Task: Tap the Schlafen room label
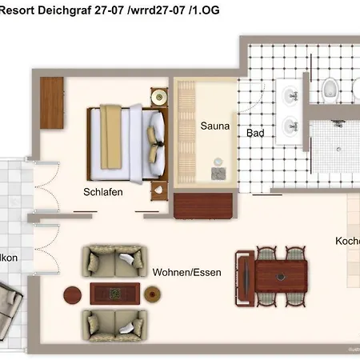tap(102, 192)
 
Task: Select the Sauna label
tap(214, 126)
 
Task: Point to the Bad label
tap(255, 134)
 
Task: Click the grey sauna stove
tap(218, 170)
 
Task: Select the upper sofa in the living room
tap(115, 260)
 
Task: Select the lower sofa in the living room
tap(115, 325)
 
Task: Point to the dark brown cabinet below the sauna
tap(204, 205)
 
